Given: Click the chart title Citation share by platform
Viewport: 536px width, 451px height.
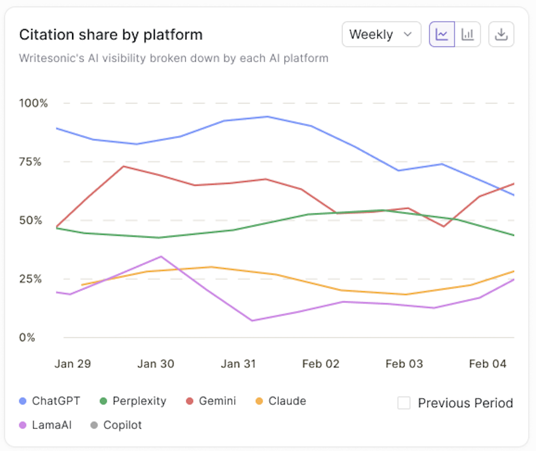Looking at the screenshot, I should coord(111,35).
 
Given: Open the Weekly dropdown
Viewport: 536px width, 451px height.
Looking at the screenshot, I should coord(381,35).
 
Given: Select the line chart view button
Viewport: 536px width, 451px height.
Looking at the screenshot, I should coord(442,35).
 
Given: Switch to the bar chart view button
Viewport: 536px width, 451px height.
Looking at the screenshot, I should coord(468,35).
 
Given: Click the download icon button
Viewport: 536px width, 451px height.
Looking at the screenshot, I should coord(501,35).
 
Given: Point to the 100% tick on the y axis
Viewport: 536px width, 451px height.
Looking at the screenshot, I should coord(34,103).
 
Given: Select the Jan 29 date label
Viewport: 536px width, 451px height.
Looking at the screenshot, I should coord(73,364).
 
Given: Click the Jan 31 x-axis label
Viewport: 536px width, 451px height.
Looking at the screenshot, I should coord(239,364).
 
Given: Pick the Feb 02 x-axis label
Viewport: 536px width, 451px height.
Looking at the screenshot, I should coord(321,364).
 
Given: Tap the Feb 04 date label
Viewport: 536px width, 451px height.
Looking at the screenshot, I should coord(488,364).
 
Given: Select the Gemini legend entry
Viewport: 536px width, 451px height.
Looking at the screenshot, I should coord(211,401).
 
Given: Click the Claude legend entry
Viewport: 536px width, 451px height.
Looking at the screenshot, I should coord(280,401).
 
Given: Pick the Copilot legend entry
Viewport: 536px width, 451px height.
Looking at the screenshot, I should coord(116,426).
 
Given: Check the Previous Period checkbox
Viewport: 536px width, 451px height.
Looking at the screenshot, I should coord(404,403).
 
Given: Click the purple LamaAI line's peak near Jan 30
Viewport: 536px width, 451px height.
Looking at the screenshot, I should coord(161,257).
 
